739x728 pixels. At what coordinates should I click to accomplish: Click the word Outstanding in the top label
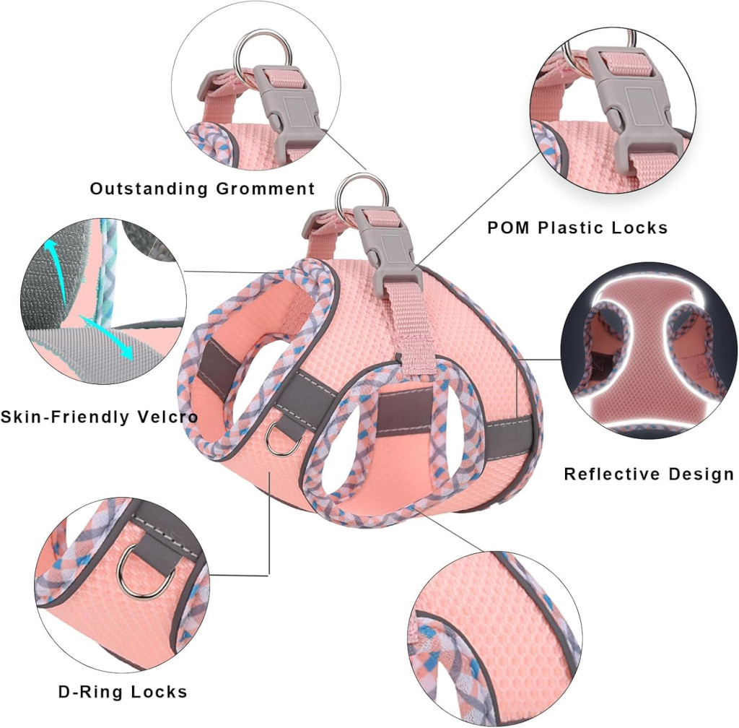149,189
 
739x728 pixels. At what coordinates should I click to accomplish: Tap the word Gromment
266,189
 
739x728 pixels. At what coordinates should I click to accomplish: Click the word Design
701,474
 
